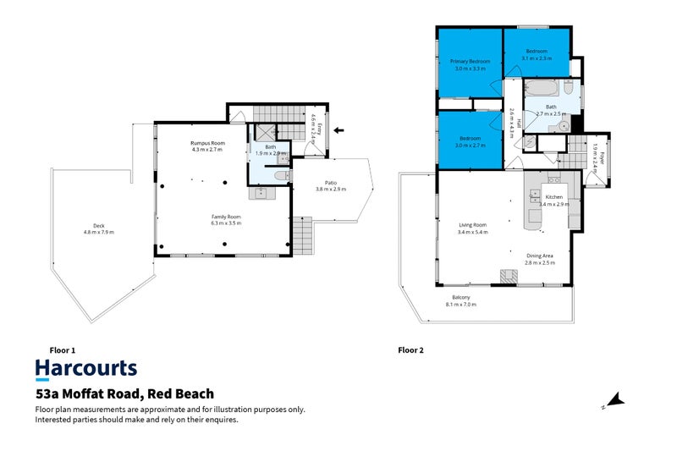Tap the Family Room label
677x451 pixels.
tap(226, 219)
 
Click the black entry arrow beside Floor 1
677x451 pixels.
tap(339, 130)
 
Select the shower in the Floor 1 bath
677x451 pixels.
tap(266, 133)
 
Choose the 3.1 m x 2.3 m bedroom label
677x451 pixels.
tap(537, 55)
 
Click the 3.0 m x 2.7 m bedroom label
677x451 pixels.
tap(470, 140)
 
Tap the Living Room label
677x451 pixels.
tap(473, 227)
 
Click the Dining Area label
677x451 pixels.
tap(540, 259)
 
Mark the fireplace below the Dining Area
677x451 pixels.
tap(508, 275)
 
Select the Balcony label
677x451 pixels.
tap(462, 300)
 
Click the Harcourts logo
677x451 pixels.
tap(85, 369)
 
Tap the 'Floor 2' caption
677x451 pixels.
tap(411, 349)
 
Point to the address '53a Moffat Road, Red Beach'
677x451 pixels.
tap(124, 393)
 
